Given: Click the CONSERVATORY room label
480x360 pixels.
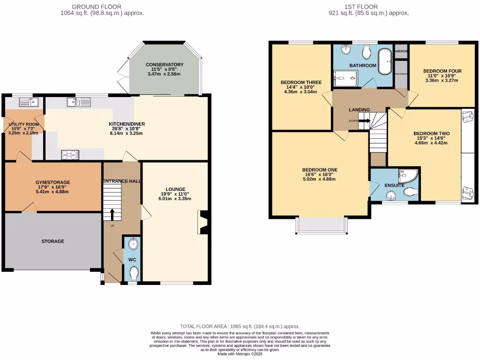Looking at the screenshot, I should (x=164, y=65).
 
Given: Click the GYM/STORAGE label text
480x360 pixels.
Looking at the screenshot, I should (x=52, y=182).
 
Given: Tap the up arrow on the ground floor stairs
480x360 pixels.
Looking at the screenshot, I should (x=112, y=214).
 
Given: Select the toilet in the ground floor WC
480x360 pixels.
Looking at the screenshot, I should (x=134, y=272).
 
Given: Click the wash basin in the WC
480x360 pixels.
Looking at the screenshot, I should (x=134, y=244).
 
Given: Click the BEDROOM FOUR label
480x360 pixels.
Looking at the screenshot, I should (x=442, y=71).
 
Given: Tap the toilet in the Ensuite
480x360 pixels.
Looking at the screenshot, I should (x=411, y=192).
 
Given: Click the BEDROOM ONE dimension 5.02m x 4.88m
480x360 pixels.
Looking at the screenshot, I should (x=320, y=179).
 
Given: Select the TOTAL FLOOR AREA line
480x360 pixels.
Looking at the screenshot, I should (x=240, y=326).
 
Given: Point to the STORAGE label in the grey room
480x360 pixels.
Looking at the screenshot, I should (x=52, y=241).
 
